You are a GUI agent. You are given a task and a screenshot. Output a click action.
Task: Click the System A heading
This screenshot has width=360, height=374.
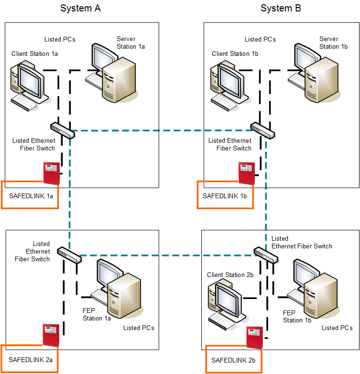pyautogui.click(x=80, y=8)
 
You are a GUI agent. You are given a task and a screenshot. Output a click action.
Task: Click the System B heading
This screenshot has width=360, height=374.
pyautogui.click(x=281, y=8)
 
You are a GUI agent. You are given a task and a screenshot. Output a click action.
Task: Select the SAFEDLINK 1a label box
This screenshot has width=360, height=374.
pyautogui.click(x=30, y=195)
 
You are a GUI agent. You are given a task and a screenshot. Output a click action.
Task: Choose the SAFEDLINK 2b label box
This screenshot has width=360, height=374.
pyautogui.click(x=234, y=359)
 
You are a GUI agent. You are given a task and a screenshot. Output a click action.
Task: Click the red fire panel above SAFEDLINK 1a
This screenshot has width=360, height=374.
pyautogui.click(x=51, y=173)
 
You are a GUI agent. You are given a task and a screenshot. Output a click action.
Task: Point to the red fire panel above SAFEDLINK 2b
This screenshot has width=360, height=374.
pyautogui.click(x=255, y=339)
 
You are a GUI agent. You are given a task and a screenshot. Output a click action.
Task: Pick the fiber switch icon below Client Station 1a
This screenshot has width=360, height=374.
pyautogui.click(x=62, y=130)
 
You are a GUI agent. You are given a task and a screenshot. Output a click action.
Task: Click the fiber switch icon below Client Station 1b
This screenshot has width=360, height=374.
pyautogui.click(x=262, y=130)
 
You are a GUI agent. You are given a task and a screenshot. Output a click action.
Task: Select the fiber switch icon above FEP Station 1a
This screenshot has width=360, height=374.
pyautogui.click(x=69, y=255)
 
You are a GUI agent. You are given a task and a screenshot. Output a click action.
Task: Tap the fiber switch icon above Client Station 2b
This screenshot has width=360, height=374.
pyautogui.click(x=266, y=255)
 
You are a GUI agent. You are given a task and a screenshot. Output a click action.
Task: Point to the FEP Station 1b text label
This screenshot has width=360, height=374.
pyautogui.click(x=297, y=316)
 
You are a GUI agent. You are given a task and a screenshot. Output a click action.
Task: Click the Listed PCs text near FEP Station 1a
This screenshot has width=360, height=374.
pyautogui.click(x=139, y=328)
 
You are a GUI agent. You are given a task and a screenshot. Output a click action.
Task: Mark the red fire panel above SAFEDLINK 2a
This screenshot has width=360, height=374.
pyautogui.click(x=51, y=336)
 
